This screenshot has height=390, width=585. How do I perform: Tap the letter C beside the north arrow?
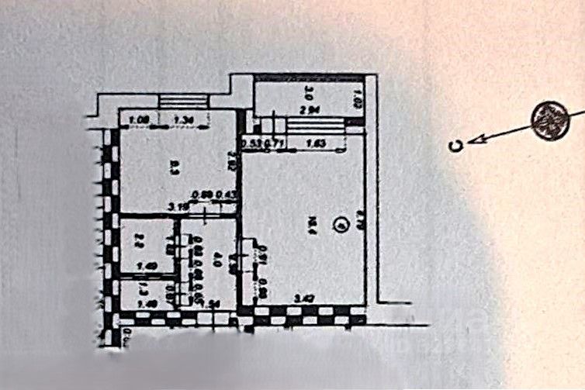(x=459, y=144)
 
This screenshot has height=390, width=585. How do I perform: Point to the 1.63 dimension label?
(x=315, y=143)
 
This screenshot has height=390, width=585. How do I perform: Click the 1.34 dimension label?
(x=183, y=120)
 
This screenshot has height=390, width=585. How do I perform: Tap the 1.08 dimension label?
(x=139, y=120)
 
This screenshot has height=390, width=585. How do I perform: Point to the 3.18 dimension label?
(x=179, y=208)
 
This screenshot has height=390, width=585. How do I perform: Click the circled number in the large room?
(x=338, y=226)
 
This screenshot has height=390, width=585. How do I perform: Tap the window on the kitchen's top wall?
(x=183, y=101)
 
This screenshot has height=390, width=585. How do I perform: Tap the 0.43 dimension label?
(x=226, y=195)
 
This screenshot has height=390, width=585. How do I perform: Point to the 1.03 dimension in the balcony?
(x=358, y=101)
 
